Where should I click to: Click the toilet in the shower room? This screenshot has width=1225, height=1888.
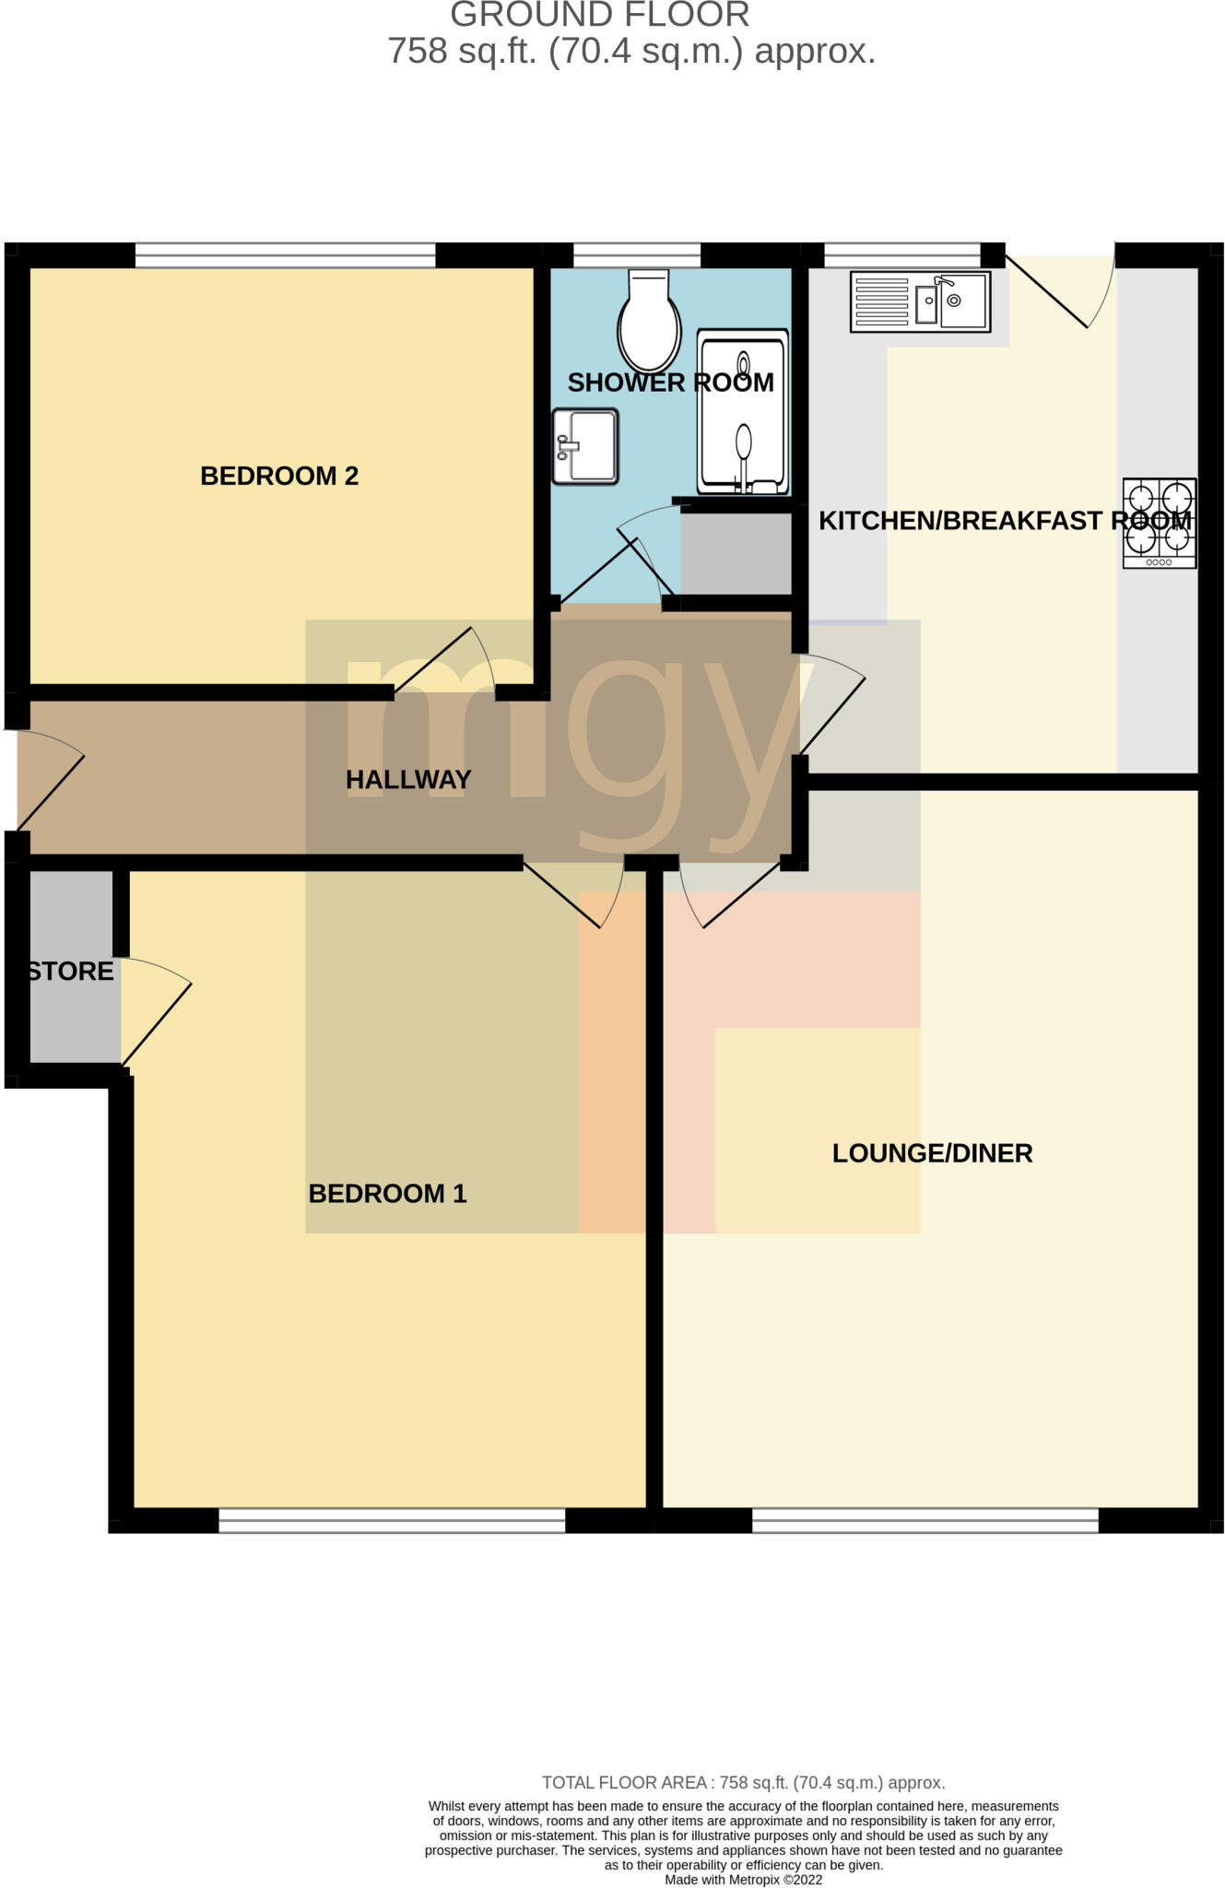click(x=650, y=323)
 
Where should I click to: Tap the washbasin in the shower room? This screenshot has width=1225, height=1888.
click(x=585, y=446)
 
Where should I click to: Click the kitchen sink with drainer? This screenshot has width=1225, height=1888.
click(x=921, y=301)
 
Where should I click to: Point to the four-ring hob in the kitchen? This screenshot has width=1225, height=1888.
click(x=1159, y=523)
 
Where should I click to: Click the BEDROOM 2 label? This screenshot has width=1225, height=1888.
click(x=279, y=476)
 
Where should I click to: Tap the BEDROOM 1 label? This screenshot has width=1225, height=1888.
click(x=387, y=1194)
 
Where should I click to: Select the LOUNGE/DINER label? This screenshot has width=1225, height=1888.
click(x=932, y=1153)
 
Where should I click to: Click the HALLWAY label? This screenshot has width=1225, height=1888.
click(x=408, y=780)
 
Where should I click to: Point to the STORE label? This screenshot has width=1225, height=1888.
click(x=71, y=972)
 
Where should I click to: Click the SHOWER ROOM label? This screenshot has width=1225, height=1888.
click(x=670, y=383)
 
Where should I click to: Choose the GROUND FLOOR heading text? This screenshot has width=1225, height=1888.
click(x=600, y=15)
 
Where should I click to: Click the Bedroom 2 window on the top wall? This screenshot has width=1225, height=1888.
click(x=286, y=255)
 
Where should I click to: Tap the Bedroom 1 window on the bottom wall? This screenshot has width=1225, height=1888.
click(x=392, y=1520)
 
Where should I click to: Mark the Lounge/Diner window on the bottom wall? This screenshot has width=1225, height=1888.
click(x=925, y=1520)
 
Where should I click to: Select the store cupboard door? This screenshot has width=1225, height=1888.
click(x=155, y=1019)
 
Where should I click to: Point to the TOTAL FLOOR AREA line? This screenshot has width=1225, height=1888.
click(x=743, y=1783)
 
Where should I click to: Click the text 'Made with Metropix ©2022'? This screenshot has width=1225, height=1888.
click(x=743, y=1880)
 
